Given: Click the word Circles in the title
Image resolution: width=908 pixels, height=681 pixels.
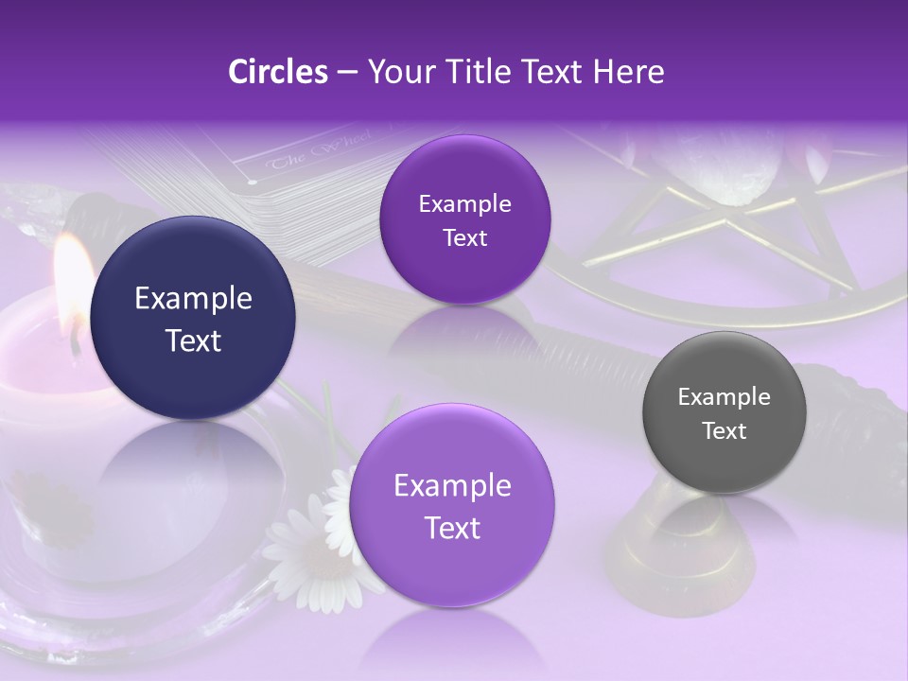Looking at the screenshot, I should (277, 71).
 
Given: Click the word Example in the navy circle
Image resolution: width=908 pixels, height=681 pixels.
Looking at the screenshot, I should (193, 299).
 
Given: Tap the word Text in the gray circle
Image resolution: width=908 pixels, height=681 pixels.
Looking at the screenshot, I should (725, 431).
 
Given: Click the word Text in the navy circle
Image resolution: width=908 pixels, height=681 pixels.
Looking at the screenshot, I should (193, 340).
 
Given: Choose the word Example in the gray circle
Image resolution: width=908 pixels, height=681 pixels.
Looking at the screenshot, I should (725, 397).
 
